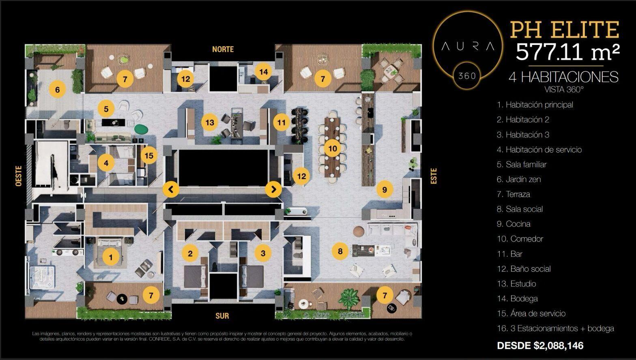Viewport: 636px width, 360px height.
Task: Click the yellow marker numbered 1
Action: (x=111, y=257)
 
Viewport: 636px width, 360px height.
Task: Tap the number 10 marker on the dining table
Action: (x=333, y=148)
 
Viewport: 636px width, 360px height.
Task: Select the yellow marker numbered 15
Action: (x=149, y=155)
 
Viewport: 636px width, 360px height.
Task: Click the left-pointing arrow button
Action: (x=171, y=189)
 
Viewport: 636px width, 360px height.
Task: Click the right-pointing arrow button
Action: (x=273, y=189)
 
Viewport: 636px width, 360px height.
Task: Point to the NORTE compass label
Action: (x=223, y=49)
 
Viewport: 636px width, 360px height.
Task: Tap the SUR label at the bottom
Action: (x=222, y=316)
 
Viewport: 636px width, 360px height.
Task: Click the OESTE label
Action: (x=19, y=176)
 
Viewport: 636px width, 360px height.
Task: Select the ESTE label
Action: (x=434, y=176)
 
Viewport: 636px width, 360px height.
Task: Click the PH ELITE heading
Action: (x=565, y=30)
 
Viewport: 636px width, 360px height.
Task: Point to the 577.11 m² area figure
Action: (x=567, y=52)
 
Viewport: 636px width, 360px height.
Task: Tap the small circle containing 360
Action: (x=467, y=76)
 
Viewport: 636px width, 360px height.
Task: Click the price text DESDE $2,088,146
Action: (x=540, y=345)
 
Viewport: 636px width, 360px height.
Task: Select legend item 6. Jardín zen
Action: (x=519, y=179)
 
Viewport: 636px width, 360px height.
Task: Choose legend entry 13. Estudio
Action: (x=516, y=284)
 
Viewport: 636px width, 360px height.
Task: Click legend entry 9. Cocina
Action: (x=514, y=224)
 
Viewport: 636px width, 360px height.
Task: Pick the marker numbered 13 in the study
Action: (x=210, y=122)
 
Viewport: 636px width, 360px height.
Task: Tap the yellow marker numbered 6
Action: (x=57, y=90)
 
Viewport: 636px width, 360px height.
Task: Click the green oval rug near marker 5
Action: (x=141, y=129)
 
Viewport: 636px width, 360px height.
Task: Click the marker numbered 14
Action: (x=264, y=72)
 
